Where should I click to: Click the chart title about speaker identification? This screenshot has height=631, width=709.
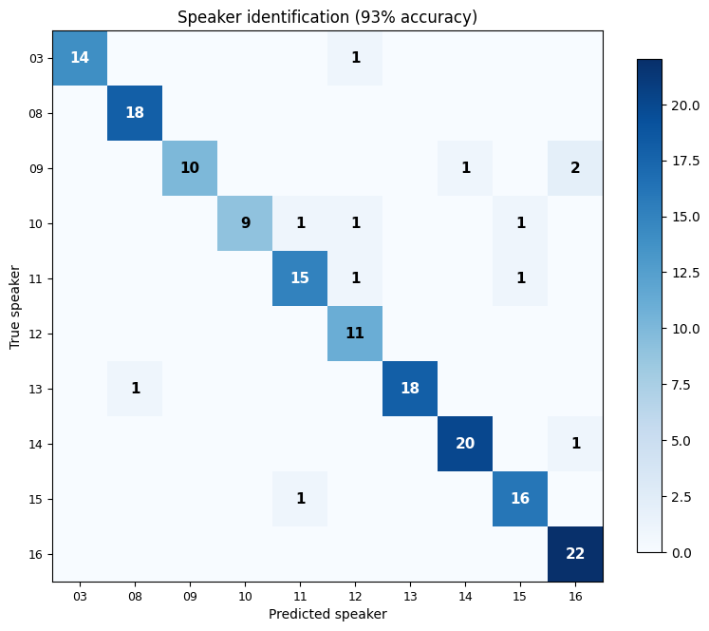[x=327, y=17]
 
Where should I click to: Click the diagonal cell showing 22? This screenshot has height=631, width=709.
[x=575, y=553]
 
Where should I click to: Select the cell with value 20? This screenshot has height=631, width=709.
[x=465, y=443]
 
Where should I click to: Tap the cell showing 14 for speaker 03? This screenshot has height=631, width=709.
[x=80, y=57]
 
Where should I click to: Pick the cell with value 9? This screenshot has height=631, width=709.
[x=245, y=222]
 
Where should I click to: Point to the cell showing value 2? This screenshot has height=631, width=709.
[x=575, y=167]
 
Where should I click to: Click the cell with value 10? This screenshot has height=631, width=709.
[x=190, y=167]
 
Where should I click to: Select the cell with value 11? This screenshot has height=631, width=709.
[x=355, y=333]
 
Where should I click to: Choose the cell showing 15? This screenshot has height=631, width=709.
[x=300, y=277]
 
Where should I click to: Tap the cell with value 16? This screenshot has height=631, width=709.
[x=520, y=498]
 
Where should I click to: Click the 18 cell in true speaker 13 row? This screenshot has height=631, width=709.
[x=410, y=388]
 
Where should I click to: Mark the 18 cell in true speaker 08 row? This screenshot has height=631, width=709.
[x=135, y=112]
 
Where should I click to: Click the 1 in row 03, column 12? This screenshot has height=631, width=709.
[x=355, y=57]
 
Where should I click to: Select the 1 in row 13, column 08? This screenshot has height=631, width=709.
[x=135, y=388]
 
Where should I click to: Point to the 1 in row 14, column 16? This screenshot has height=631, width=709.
[x=575, y=443]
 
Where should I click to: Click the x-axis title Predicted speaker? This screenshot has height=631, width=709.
[x=327, y=614]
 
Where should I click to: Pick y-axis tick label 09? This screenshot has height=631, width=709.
[x=36, y=168]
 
